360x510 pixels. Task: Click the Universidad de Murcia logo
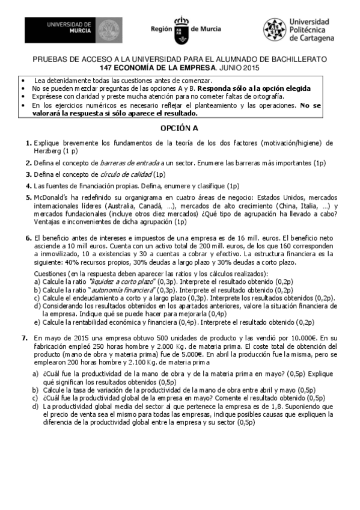[x=75, y=29]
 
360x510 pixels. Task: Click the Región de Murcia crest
[x=182, y=29]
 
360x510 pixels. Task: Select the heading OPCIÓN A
[x=179, y=128]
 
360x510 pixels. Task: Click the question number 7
[x=25, y=338]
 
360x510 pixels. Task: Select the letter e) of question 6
[x=37, y=322]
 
